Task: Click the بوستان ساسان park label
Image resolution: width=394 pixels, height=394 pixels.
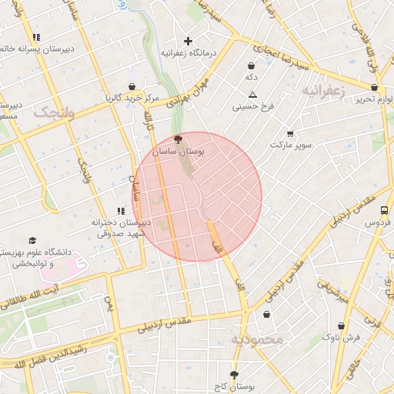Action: pos(179,153)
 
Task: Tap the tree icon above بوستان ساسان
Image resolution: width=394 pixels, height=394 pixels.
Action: pos(179,140)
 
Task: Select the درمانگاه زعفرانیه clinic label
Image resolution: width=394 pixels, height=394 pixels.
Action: pos(189,54)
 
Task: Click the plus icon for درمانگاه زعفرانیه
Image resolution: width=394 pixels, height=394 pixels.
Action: pos(189,41)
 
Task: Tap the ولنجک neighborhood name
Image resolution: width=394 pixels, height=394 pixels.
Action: pos(55,112)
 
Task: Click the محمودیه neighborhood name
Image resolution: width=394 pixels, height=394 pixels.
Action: pos(257,339)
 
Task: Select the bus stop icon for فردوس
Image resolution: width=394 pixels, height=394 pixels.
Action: pos(384,210)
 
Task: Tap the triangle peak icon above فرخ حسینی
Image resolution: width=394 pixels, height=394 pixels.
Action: pos(252,95)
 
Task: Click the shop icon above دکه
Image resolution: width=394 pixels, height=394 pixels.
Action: pos(252,65)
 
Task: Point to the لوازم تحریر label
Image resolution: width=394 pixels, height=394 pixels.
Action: pos(369,98)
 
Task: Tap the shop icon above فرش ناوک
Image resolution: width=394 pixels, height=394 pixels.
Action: pos(341,326)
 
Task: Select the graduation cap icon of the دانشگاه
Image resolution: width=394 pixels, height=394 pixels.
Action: pos(32,241)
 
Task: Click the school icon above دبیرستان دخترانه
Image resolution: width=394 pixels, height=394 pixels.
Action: pos(120,210)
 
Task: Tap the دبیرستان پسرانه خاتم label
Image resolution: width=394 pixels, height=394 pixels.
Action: pos(36,48)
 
